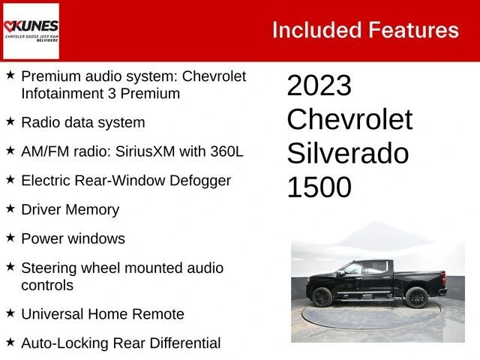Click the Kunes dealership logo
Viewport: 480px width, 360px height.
[x=31, y=31]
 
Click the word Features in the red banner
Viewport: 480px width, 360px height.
[x=413, y=30]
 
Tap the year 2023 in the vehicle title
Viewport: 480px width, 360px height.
[x=319, y=85]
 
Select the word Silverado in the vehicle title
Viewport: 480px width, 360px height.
[x=348, y=153]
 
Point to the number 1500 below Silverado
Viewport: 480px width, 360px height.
[x=319, y=187]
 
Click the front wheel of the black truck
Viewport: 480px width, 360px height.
[x=322, y=297]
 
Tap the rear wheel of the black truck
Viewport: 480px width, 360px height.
[x=416, y=297]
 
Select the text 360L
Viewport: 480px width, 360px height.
[x=226, y=151]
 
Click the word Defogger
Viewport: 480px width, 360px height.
[x=200, y=181]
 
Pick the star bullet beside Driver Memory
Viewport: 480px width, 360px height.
[x=10, y=208]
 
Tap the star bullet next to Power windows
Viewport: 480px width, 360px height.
[x=10, y=238]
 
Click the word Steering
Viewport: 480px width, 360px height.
[x=49, y=268]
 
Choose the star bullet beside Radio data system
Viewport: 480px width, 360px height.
[x=10, y=121]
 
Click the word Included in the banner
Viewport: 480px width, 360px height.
[x=317, y=30]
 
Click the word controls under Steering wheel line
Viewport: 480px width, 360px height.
[x=47, y=285]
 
